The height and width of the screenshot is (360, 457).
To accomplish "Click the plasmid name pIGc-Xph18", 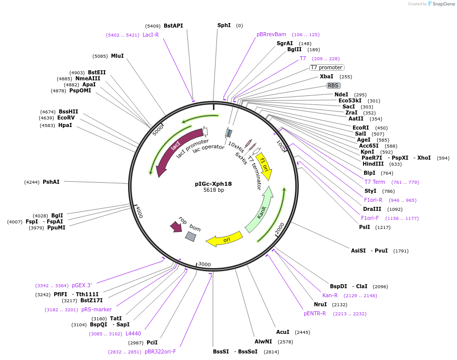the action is (213, 184).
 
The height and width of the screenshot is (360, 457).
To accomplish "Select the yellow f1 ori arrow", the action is (265, 167).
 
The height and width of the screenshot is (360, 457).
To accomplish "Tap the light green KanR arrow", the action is (260, 210).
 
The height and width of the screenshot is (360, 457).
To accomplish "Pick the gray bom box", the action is (190, 236).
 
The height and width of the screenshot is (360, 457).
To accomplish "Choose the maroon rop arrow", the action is (176, 226).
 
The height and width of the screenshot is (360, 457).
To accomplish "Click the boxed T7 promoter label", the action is (326, 67).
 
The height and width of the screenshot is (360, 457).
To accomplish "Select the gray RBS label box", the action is (333, 85).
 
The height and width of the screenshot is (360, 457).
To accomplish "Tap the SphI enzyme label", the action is (224, 25).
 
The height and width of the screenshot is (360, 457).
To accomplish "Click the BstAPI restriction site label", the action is (173, 26).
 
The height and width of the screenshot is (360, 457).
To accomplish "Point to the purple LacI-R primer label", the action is (151, 35).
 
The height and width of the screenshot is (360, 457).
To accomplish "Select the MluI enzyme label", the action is (117, 56).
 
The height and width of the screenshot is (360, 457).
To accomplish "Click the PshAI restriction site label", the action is (51, 182).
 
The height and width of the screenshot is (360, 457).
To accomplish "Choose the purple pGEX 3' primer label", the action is (81, 285).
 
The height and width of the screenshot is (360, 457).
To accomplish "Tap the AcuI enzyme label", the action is (283, 332).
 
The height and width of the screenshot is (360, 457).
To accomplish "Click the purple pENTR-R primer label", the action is (315, 313).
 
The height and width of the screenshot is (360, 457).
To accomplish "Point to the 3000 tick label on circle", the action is (204, 264).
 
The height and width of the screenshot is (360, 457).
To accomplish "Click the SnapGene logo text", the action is (443, 4).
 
